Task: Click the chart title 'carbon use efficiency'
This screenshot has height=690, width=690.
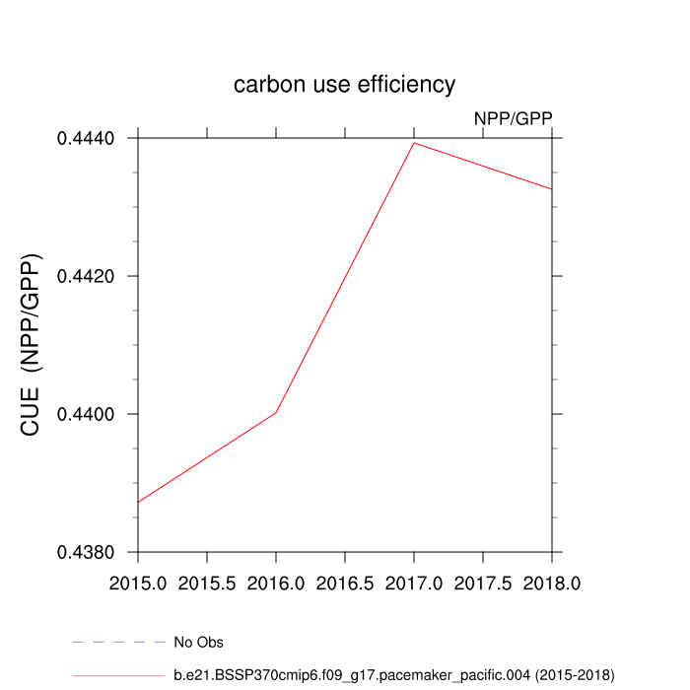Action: tap(344, 85)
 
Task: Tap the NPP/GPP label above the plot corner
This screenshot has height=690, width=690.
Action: tap(513, 118)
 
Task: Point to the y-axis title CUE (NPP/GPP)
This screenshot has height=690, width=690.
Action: tap(32, 344)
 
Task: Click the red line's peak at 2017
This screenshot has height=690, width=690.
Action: tap(414, 143)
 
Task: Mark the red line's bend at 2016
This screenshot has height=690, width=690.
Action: tap(276, 412)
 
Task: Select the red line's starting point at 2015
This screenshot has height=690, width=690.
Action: tap(138, 503)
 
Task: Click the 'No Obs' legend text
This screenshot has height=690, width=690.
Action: tap(198, 643)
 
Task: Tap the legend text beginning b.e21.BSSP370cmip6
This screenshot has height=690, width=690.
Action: tap(393, 675)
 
